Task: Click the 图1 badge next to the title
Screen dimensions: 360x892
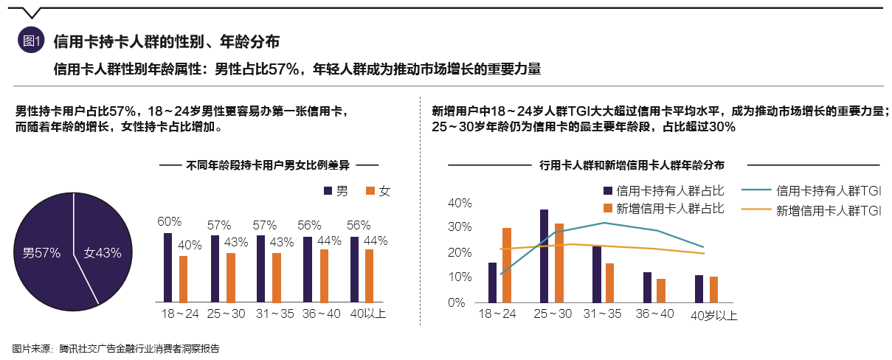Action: (x=31, y=41)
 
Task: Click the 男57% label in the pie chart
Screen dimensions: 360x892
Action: (x=41, y=252)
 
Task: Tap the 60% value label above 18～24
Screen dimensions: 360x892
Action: (x=169, y=221)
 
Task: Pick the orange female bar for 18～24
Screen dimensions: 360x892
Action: (x=183, y=279)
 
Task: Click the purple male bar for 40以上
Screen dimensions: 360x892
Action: (x=354, y=269)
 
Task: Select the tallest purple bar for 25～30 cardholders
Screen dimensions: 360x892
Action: (x=544, y=255)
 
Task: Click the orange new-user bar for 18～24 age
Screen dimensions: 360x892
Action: (x=507, y=265)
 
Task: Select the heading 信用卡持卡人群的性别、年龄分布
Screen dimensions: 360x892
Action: (x=166, y=41)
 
